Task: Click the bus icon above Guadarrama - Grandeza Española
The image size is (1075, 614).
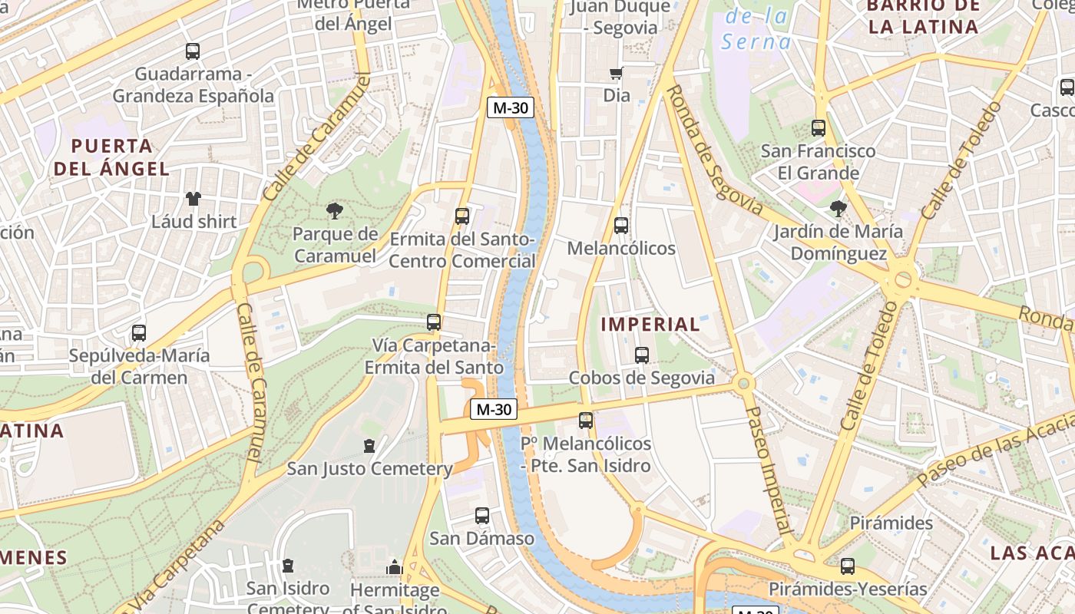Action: tap(193, 51)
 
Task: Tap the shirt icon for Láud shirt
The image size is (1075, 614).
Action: tap(193, 199)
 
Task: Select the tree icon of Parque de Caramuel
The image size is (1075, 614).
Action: tap(334, 210)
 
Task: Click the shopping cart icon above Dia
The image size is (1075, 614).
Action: tap(616, 74)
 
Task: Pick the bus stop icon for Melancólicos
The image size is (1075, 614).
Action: tap(621, 226)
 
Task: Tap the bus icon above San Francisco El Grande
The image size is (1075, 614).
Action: tap(819, 128)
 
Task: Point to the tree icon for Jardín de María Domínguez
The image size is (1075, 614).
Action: tap(838, 208)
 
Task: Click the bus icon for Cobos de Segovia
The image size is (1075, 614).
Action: tap(642, 355)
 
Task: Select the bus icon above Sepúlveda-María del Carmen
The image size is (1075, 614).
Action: tap(139, 333)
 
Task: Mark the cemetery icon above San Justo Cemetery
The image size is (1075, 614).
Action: tap(369, 445)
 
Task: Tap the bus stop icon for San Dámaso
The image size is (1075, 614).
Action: tap(482, 516)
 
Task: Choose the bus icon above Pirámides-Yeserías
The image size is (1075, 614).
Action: tap(848, 566)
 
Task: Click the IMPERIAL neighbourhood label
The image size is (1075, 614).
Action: tap(650, 324)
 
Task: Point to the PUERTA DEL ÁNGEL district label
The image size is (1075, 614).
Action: tap(111, 157)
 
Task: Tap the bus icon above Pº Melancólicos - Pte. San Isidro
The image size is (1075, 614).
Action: tap(586, 421)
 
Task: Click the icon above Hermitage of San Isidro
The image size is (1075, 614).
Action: tap(395, 567)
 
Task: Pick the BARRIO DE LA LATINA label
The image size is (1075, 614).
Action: tap(923, 16)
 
